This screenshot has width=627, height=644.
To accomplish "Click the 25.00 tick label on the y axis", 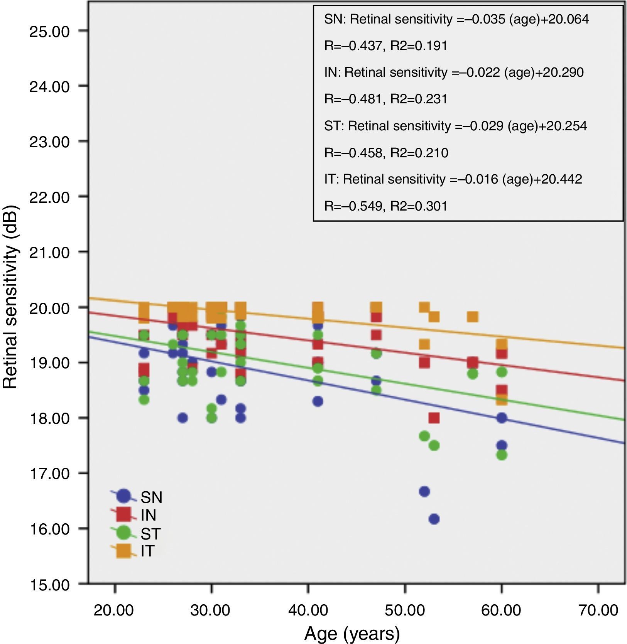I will point(49,31).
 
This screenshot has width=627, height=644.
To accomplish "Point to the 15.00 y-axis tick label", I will point(49,585).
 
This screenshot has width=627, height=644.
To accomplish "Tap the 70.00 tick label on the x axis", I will point(598,610).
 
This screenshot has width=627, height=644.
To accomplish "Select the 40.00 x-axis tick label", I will point(308,610).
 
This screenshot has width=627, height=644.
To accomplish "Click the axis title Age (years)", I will point(352,634).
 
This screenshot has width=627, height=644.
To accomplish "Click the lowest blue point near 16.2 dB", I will point(434,519).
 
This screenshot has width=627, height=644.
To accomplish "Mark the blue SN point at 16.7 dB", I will point(424,492).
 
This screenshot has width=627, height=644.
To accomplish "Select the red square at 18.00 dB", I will point(434,418).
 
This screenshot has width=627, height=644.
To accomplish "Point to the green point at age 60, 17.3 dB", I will point(502,455).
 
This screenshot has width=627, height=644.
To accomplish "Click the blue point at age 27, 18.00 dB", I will point(183,418).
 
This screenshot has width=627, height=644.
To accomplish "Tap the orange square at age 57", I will point(473,317).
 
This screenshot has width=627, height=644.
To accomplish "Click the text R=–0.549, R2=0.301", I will point(386,206).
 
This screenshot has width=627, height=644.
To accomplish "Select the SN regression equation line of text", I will point(456,19).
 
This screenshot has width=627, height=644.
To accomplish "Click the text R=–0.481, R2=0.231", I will point(386,99).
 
